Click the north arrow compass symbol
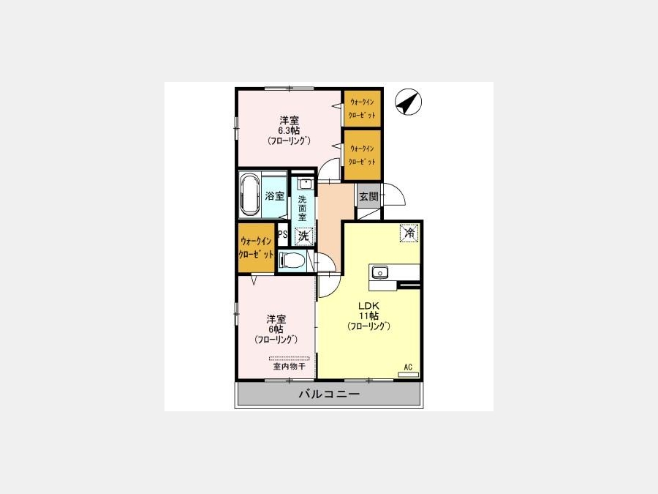408,102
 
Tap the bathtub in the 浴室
250,195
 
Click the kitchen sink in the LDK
379,272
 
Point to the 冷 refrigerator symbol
409,233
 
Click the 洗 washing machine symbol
303,236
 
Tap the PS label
282,234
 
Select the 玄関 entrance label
369,196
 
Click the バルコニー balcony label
329,394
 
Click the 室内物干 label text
289,367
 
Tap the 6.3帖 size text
289,130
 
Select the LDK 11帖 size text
369,315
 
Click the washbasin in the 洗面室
305,184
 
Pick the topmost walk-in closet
362,108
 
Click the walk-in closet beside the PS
256,248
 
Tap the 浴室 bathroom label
275,195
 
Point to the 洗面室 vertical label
302,208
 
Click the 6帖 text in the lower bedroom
276,329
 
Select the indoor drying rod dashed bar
289,359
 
